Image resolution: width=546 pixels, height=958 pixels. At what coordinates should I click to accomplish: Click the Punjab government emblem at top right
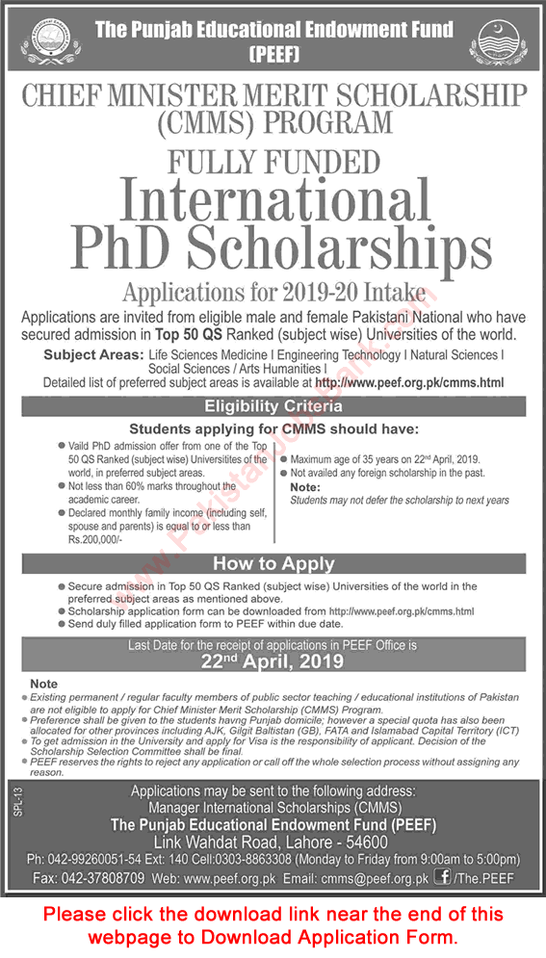(x=497, y=40)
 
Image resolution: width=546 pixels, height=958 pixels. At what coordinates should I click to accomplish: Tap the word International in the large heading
(x=273, y=202)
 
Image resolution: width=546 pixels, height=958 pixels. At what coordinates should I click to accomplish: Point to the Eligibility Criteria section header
(x=273, y=407)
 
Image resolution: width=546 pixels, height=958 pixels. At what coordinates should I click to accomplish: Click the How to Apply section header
(x=273, y=563)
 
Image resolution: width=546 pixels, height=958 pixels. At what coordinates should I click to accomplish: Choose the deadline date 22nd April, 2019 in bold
(x=273, y=660)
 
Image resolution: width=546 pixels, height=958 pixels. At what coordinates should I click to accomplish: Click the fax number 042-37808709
(x=92, y=878)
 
